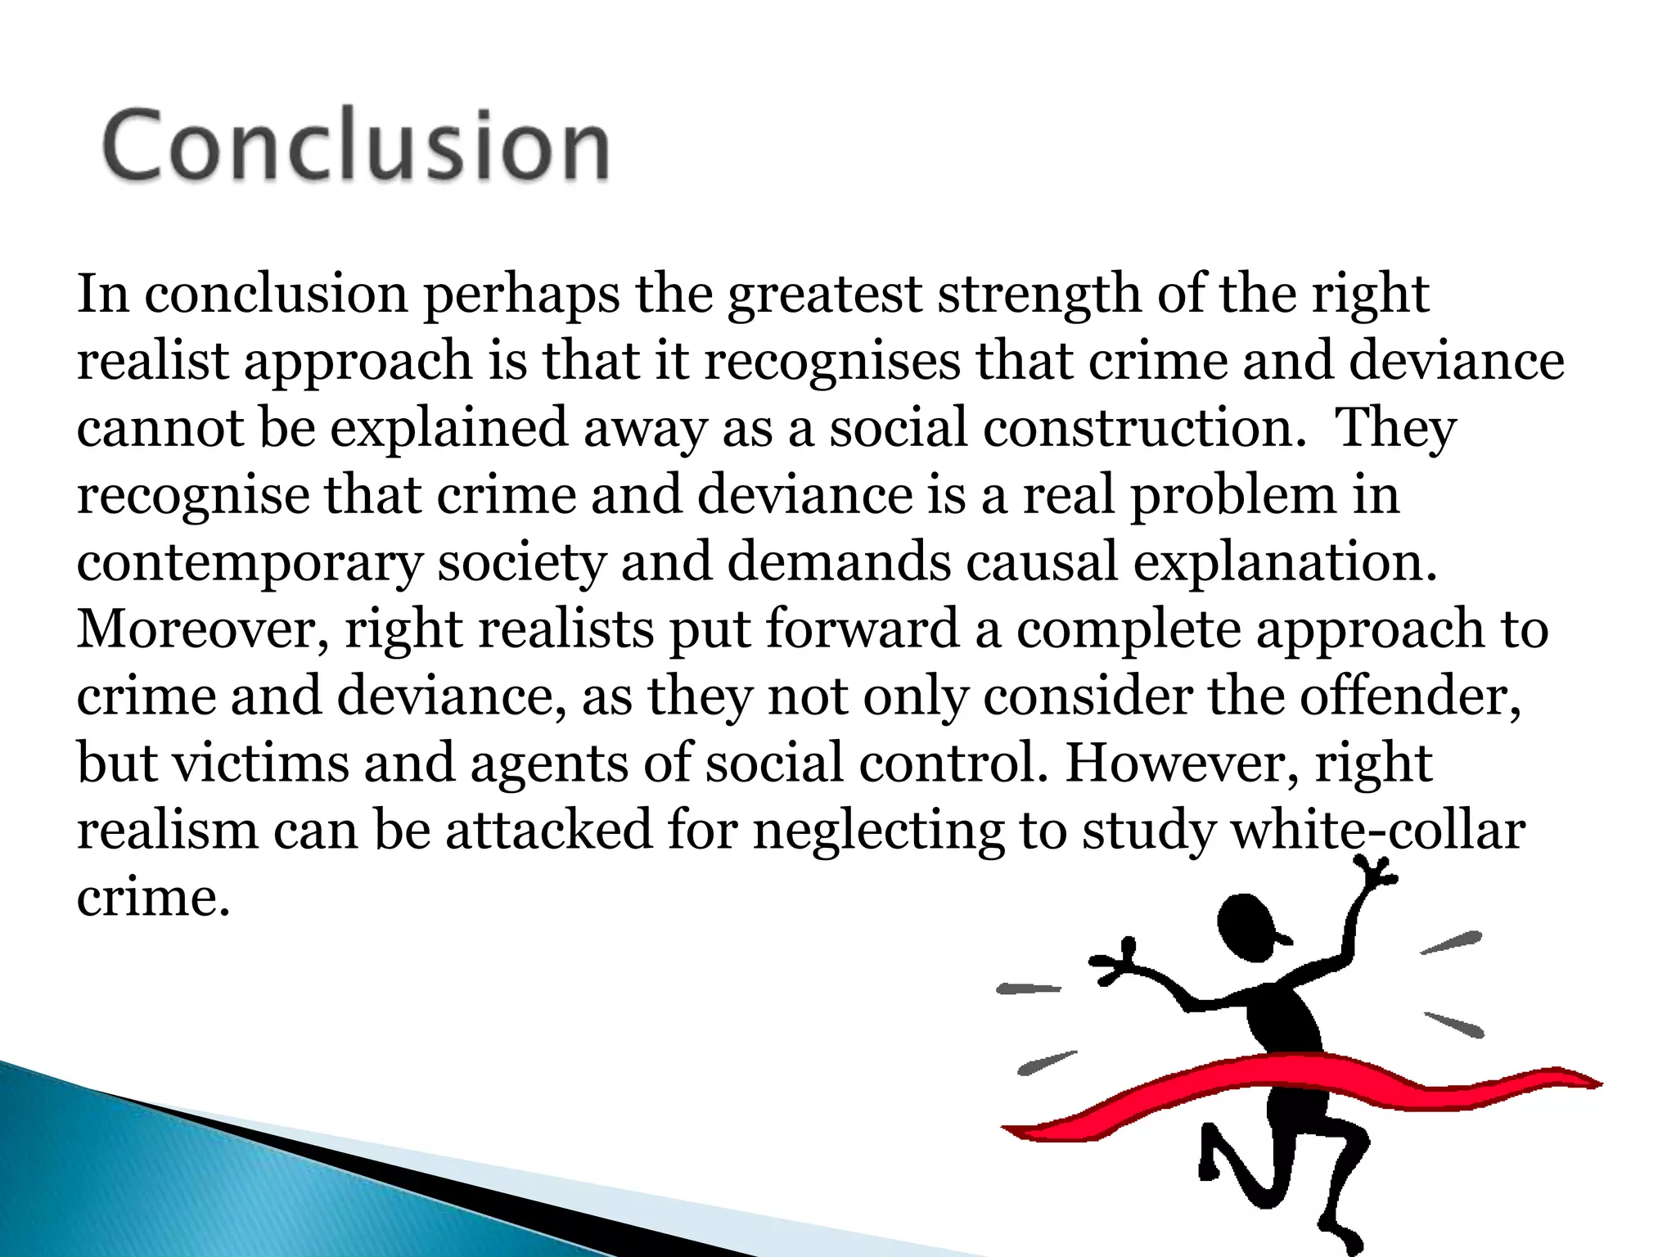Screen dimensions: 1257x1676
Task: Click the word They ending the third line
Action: (x=1396, y=429)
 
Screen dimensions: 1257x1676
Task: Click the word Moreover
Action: (x=203, y=630)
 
